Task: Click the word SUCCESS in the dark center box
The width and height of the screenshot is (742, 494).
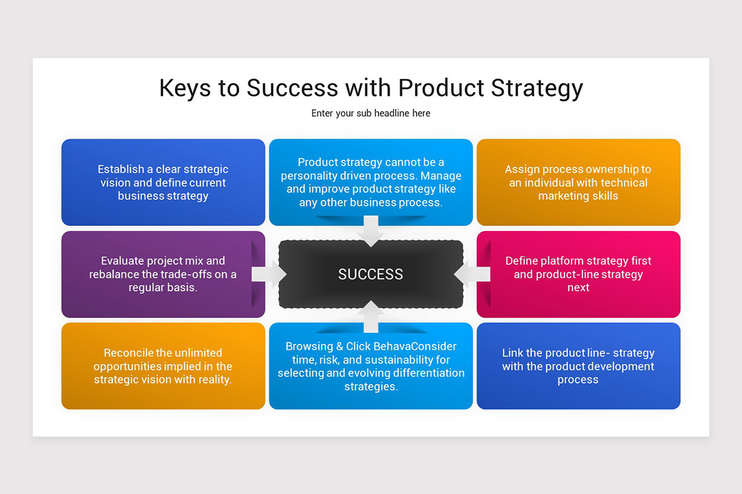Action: [x=370, y=274]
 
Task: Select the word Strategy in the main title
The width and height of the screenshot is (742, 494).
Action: [x=537, y=88]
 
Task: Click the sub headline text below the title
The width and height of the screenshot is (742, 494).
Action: [x=370, y=113]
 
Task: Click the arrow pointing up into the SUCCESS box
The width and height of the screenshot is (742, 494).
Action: [x=370, y=317]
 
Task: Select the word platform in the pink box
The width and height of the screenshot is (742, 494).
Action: [x=563, y=261]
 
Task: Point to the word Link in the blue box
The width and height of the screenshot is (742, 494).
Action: [x=513, y=353]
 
